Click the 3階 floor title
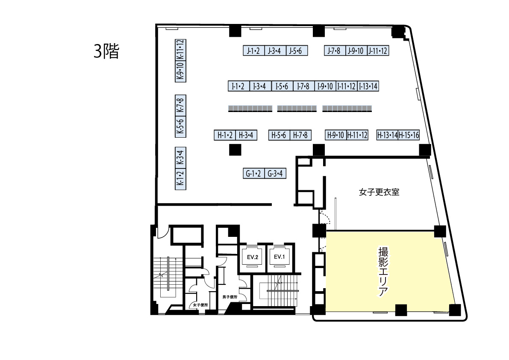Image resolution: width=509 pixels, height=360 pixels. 106,51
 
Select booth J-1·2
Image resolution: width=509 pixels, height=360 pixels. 253,50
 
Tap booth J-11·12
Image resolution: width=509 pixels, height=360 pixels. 378,50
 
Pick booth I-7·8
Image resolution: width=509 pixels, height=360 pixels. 303,86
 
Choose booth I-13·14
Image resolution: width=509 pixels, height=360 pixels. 368,86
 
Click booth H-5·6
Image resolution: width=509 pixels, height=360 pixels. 279,135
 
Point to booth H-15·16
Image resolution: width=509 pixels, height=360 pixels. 409,135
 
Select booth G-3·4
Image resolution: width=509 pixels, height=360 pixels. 275,173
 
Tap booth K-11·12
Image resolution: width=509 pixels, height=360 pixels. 180,50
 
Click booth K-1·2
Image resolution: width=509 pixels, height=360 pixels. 180,179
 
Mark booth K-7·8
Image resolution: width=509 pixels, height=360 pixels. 180,105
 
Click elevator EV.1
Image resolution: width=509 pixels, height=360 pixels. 279,257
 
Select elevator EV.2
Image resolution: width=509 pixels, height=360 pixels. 253,257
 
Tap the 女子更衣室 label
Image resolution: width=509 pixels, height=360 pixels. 379,192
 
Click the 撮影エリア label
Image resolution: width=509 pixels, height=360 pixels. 383,272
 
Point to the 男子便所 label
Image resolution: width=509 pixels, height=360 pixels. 230,297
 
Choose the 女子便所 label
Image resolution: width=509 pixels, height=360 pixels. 200,305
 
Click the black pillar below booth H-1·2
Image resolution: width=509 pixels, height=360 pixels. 235,150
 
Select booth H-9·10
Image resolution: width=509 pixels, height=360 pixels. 335,135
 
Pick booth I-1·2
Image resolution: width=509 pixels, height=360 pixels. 238,86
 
